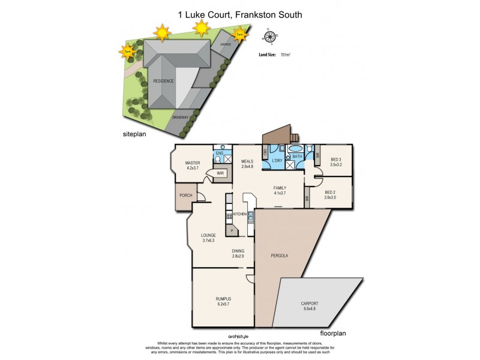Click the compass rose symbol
(269, 37)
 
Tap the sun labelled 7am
(240, 35)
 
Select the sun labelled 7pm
(127, 52)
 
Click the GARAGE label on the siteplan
(226, 44)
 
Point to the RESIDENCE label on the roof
(163, 80)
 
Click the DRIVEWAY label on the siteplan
(181, 117)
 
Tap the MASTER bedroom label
(192, 163)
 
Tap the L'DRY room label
(277, 161)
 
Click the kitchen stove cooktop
(229, 216)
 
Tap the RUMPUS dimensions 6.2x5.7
(223, 304)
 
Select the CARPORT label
(309, 304)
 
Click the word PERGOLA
(280, 256)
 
